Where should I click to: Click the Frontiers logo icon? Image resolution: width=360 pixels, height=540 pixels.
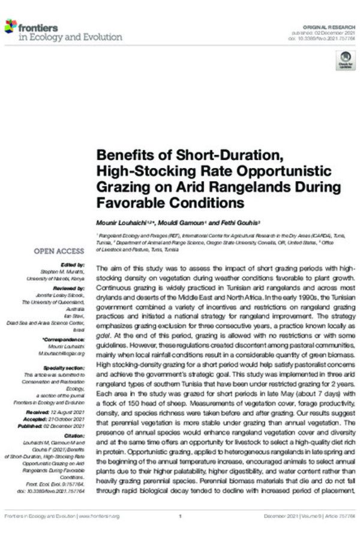pyautogui.click(x=10, y=26)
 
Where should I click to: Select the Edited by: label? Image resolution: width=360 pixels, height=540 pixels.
pyautogui.click(x=73, y=265)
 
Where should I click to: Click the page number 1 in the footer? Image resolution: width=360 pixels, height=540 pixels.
pyautogui.click(x=180, y=515)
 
